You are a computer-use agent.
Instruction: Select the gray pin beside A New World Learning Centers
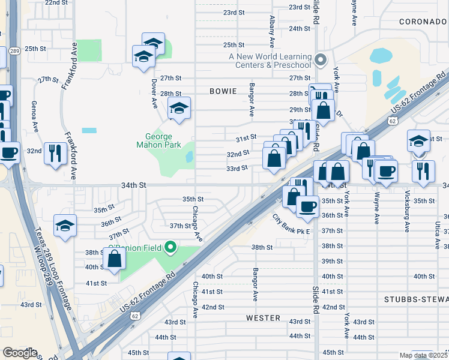320,60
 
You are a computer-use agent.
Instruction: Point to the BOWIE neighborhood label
224,91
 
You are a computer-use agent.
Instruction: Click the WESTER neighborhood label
263,317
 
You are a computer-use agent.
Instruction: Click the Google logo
20,353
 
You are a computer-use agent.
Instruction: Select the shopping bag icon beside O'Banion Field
115,259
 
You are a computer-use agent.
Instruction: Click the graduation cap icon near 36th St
65,226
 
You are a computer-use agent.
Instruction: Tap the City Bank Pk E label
291,225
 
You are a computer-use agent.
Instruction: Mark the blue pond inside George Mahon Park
190,157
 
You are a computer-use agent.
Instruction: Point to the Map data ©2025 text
424,355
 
